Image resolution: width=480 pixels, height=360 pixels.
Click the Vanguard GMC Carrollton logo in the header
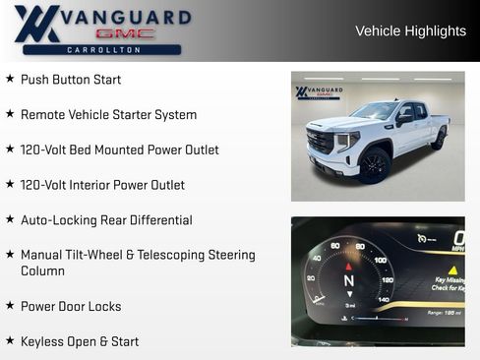click(101, 30)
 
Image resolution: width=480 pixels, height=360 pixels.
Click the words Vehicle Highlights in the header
click(410, 31)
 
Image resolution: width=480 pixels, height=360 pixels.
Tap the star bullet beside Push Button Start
click(10, 79)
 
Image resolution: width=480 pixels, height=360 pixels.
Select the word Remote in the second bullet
click(43, 115)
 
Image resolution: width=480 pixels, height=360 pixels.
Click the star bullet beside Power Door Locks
click(10, 306)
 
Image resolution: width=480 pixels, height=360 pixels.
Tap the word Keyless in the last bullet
click(45, 341)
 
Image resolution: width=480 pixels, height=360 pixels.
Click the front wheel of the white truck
click(375, 166)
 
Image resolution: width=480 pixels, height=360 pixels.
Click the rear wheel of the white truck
click(437, 140)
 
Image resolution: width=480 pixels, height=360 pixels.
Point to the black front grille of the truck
click(321, 143)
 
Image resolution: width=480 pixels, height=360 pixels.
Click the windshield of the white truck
click(375, 111)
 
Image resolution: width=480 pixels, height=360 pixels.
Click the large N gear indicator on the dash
click(348, 280)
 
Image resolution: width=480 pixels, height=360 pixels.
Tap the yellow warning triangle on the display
click(452, 270)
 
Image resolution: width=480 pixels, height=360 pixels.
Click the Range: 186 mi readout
click(445, 312)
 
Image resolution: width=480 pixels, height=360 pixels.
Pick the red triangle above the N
click(348, 266)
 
